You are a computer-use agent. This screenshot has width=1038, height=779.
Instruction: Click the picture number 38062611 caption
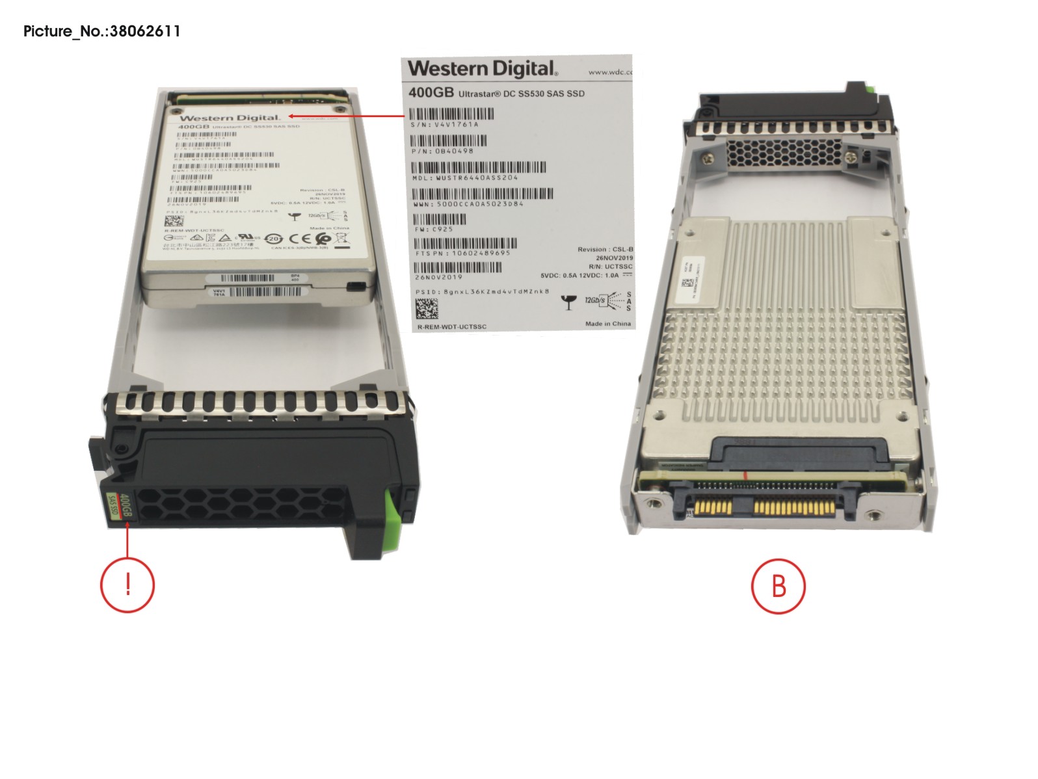(x=101, y=31)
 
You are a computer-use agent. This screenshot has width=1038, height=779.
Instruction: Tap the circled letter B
(x=778, y=585)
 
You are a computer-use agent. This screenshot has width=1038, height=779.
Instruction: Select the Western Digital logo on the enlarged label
(x=482, y=68)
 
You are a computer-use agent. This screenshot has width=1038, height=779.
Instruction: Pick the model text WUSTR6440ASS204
(x=465, y=178)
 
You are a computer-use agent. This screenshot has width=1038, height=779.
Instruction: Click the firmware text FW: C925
(x=434, y=229)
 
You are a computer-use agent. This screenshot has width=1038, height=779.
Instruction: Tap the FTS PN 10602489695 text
(x=463, y=253)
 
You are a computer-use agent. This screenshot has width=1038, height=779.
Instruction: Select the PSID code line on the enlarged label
(x=482, y=292)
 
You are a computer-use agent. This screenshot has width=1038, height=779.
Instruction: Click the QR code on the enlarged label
(x=427, y=309)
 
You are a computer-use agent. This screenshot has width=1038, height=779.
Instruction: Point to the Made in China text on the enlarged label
(x=607, y=323)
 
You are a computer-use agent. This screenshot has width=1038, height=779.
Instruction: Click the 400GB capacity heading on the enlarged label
(x=431, y=93)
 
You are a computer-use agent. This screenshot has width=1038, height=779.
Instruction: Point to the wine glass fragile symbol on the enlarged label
(x=568, y=302)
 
